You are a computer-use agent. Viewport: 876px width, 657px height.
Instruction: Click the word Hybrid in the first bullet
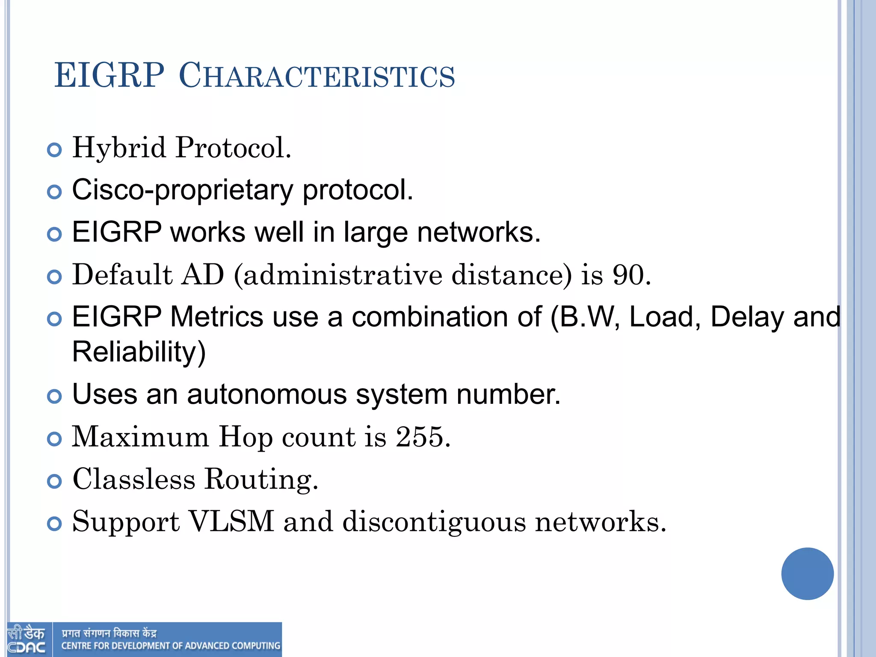tap(119, 148)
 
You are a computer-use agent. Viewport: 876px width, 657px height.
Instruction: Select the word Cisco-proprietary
tap(182, 190)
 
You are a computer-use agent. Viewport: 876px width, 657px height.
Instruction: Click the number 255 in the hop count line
tap(419, 437)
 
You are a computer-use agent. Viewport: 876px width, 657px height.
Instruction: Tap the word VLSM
tap(231, 521)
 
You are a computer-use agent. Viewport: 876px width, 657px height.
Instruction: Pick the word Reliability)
tap(139, 352)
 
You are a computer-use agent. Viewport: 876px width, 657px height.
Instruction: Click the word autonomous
tap(267, 394)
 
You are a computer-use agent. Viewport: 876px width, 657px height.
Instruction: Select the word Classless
tap(134, 479)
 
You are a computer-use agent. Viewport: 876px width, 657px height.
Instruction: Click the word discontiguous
tap(434, 522)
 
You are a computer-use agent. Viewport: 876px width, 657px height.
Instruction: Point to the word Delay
tap(747, 317)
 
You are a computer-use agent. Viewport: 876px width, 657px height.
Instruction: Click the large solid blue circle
tap(807, 574)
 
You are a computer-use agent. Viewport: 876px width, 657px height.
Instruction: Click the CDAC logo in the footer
tap(27, 640)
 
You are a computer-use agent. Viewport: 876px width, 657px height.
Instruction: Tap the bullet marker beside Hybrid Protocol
tap(54, 150)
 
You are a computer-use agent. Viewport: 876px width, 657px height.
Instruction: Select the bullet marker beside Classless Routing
tap(54, 481)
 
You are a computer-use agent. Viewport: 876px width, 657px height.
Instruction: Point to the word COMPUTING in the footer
tap(256, 646)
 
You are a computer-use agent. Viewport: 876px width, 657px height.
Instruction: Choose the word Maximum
tap(140, 437)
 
